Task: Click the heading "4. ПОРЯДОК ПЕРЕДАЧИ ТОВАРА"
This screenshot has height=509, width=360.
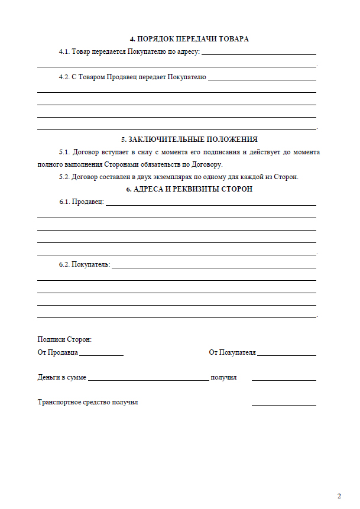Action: (x=189, y=39)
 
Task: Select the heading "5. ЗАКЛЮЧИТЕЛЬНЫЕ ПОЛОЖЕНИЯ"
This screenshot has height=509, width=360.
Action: (x=189, y=140)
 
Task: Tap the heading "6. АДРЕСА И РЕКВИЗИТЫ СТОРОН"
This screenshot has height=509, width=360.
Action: (x=189, y=189)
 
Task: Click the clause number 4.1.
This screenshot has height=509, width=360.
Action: (x=64, y=52)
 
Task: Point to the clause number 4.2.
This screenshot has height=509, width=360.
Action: (x=64, y=77)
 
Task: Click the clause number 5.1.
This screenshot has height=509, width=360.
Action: (x=64, y=153)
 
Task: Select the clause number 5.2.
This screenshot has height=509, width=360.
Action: (x=64, y=177)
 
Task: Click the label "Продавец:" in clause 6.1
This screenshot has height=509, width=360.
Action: (x=87, y=202)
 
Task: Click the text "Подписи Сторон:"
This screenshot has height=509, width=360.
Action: (x=64, y=340)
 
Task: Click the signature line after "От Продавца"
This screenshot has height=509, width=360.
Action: (x=101, y=355)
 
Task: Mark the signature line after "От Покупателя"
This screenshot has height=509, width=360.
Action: (x=287, y=355)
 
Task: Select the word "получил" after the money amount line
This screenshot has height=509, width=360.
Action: (x=223, y=377)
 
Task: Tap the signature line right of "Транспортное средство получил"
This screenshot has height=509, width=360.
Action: (x=284, y=405)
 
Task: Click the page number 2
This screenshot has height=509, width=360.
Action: (x=339, y=496)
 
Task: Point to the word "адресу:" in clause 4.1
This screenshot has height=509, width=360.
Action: (x=187, y=52)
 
